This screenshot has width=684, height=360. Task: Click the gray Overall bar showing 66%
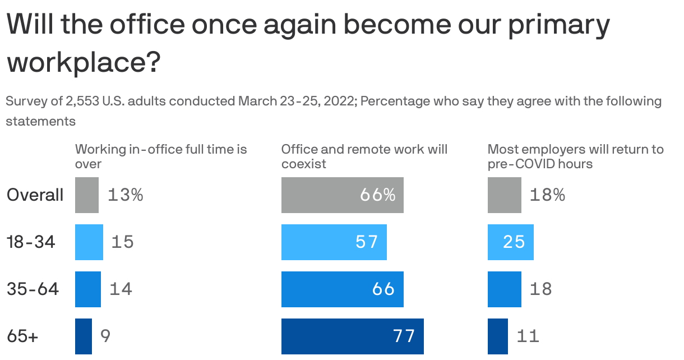[342, 195]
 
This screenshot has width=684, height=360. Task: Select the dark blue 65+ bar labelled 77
[352, 336]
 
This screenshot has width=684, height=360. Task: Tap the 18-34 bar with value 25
[510, 242]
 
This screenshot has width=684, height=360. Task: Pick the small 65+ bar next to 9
[83, 336]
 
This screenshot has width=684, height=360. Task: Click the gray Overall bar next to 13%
[87, 195]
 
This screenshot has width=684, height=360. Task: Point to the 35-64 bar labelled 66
[342, 289]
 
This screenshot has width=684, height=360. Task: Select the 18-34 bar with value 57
[334, 242]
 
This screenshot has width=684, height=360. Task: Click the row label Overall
[35, 195]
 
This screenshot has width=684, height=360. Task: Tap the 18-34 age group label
[31, 242]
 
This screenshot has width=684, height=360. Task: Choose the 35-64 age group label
[33, 289]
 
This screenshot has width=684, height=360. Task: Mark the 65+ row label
[22, 336]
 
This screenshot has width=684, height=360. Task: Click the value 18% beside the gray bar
[547, 195]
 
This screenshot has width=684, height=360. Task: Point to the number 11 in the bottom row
[528, 336]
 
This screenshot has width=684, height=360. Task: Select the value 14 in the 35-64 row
[121, 289]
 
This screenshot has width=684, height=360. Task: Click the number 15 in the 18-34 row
[122, 242]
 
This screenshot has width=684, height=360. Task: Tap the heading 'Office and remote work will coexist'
[364, 156]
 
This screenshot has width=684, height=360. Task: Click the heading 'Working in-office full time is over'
[161, 156]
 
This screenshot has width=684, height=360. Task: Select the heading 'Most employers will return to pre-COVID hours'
[575, 156]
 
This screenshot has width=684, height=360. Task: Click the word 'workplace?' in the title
[83, 62]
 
